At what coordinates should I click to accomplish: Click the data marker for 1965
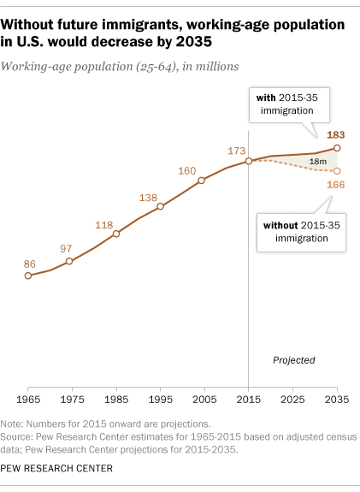pos(28,276)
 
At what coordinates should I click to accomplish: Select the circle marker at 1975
pos(69,261)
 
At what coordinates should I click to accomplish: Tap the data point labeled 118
pos(115,234)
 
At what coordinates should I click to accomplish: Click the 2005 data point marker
pos(202,181)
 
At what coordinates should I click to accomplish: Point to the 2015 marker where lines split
pos(248,161)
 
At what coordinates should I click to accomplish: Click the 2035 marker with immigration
pos(338,148)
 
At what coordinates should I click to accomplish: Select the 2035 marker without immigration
pos(338,171)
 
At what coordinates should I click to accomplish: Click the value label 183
pos(337,134)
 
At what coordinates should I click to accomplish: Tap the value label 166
pos(337,185)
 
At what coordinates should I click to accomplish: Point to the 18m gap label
pos(317,162)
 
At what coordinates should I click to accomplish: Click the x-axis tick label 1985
pos(116,399)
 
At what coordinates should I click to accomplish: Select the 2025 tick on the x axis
pos(292,399)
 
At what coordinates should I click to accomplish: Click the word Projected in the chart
pos(294,360)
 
